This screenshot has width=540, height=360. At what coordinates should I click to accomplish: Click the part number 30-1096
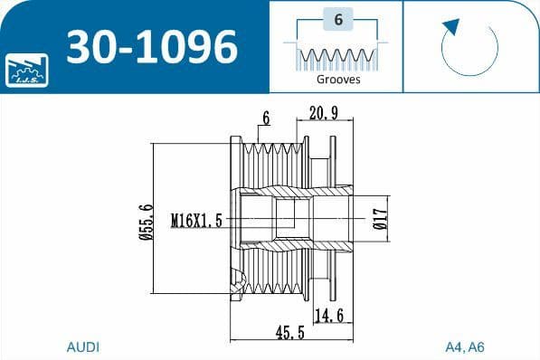pyautogui.click(x=149, y=45)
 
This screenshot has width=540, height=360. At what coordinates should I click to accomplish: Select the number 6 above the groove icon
pyautogui.click(x=337, y=20)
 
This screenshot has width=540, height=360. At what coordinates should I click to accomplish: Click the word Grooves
pyautogui.click(x=338, y=80)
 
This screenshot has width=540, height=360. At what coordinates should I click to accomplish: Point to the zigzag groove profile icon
pyautogui.click(x=337, y=58)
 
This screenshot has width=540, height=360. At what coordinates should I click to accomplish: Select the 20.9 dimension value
pyautogui.click(x=324, y=112)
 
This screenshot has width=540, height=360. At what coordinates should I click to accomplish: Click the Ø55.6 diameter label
pyautogui.click(x=145, y=220)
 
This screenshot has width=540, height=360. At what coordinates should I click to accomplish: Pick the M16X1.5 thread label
pyautogui.click(x=196, y=219)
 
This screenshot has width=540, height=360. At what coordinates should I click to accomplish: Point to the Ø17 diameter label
pyautogui.click(x=380, y=219)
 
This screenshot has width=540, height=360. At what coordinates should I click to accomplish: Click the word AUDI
pyautogui.click(x=83, y=346)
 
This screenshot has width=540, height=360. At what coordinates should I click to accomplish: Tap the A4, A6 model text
pyautogui.click(x=466, y=346)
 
